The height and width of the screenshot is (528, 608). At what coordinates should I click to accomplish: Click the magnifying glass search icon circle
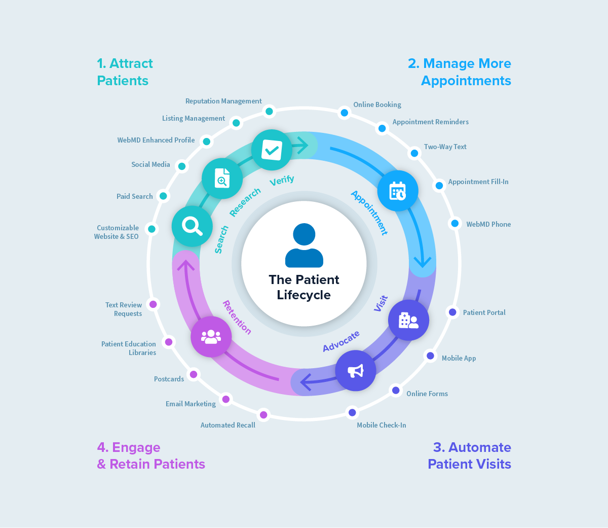(192, 226)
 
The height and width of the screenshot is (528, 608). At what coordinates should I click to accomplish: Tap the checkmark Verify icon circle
(272, 150)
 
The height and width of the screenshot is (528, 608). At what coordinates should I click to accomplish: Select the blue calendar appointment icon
(398, 191)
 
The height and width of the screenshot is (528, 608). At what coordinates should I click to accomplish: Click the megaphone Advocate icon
(356, 371)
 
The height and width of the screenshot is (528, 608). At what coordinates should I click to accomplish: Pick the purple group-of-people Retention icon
(211, 336)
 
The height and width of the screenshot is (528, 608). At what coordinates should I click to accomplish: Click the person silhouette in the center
(304, 245)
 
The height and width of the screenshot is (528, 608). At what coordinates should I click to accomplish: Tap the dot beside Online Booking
(345, 113)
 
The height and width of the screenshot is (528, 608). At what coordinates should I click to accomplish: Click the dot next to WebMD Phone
(455, 223)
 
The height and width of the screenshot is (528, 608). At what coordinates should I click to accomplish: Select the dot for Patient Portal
(452, 312)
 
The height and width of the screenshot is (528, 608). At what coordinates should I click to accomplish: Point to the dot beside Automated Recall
(263, 415)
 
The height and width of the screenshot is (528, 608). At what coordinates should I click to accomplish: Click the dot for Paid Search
(163, 196)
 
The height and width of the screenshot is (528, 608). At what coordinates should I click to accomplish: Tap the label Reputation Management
(223, 101)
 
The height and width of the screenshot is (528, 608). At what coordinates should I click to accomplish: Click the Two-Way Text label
(445, 147)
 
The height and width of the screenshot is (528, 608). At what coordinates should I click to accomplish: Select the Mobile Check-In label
(381, 426)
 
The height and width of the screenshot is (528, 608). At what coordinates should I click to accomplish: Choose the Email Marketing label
(191, 404)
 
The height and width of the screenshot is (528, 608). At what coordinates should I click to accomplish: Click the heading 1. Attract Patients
(125, 72)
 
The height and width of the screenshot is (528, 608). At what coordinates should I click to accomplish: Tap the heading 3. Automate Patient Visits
(469, 455)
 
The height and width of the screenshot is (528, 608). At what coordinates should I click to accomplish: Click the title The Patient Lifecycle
(304, 287)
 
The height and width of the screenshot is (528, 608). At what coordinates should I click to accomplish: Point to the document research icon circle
(222, 179)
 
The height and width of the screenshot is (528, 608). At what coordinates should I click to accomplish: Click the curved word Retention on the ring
(237, 318)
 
